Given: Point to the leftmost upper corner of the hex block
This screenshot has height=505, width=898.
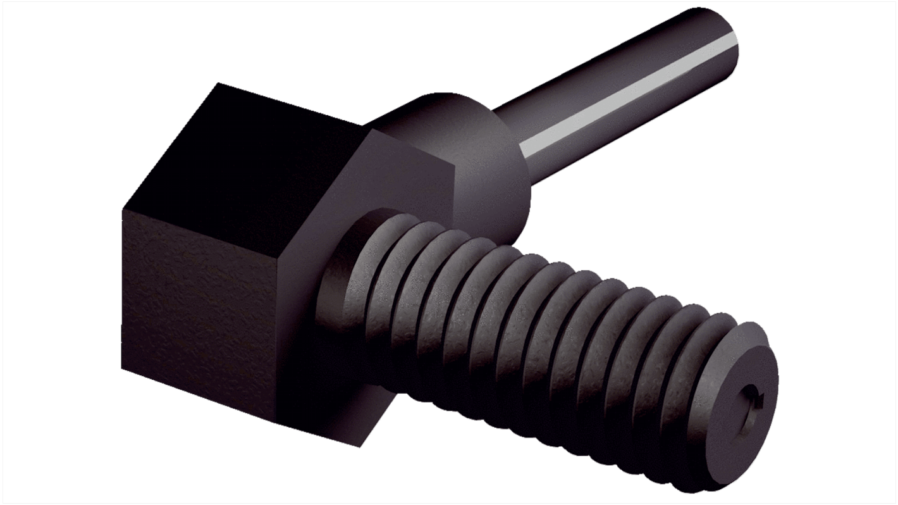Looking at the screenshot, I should [x=122, y=209].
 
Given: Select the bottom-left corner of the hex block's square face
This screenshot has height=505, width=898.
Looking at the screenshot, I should [x=122, y=367].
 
